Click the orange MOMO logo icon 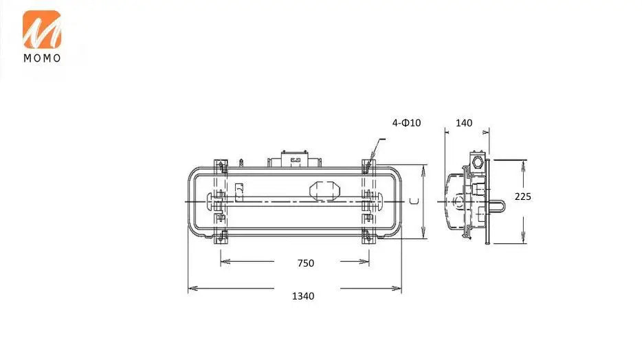pos(42,30)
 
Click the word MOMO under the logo pos(42,58)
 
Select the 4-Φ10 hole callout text pos(406,123)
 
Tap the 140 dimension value pos(464,123)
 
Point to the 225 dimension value pos(523,196)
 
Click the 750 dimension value pos(306,263)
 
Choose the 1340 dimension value pos(303,296)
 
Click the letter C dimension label pos(414,201)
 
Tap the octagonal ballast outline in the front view pos(324,190)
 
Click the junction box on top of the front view pos(294,159)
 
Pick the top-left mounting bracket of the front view pos(221,166)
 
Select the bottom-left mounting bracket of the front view pos(221,237)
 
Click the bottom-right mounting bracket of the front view pos(368,237)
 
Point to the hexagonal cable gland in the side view pos(478,162)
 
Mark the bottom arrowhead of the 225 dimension pos(524,238)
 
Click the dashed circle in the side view pos(458,201)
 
